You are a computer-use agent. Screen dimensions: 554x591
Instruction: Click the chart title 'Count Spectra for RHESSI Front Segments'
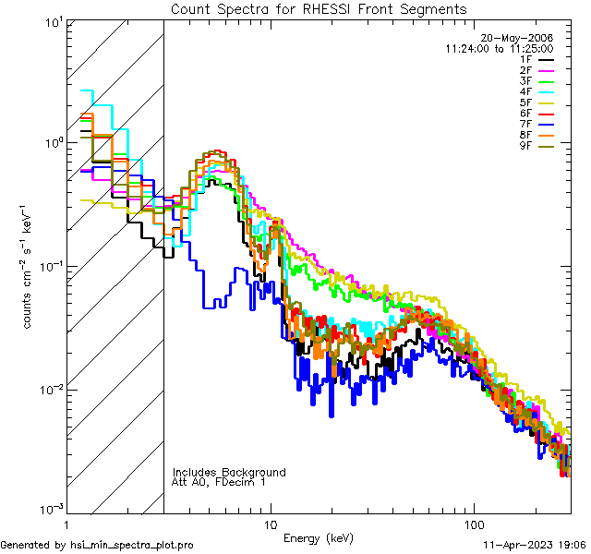[x=319, y=8]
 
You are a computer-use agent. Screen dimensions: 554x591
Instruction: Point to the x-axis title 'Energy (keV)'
[x=319, y=537]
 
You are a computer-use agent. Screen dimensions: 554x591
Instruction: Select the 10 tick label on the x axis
[x=270, y=524]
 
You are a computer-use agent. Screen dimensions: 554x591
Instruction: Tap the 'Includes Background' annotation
[x=229, y=472]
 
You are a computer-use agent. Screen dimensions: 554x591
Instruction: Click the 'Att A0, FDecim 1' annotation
[x=219, y=482]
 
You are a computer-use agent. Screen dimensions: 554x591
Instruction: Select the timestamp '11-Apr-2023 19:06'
[x=535, y=545]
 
